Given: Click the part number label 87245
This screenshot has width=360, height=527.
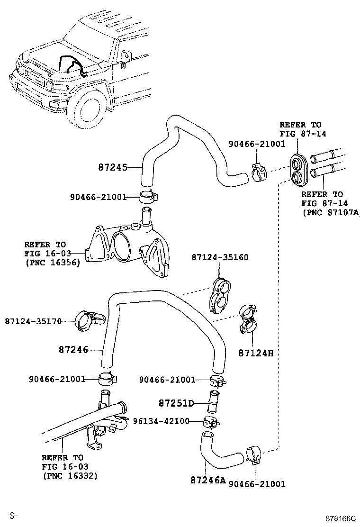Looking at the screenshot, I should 113,167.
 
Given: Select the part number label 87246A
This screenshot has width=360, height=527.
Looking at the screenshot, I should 207,480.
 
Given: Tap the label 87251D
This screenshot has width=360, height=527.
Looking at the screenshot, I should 176,403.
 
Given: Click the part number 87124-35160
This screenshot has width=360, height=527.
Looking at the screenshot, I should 220,257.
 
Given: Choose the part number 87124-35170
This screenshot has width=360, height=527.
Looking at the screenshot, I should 33,321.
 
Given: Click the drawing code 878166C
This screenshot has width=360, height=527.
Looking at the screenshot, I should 341,518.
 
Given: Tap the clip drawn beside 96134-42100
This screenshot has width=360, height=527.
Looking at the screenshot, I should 210,421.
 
